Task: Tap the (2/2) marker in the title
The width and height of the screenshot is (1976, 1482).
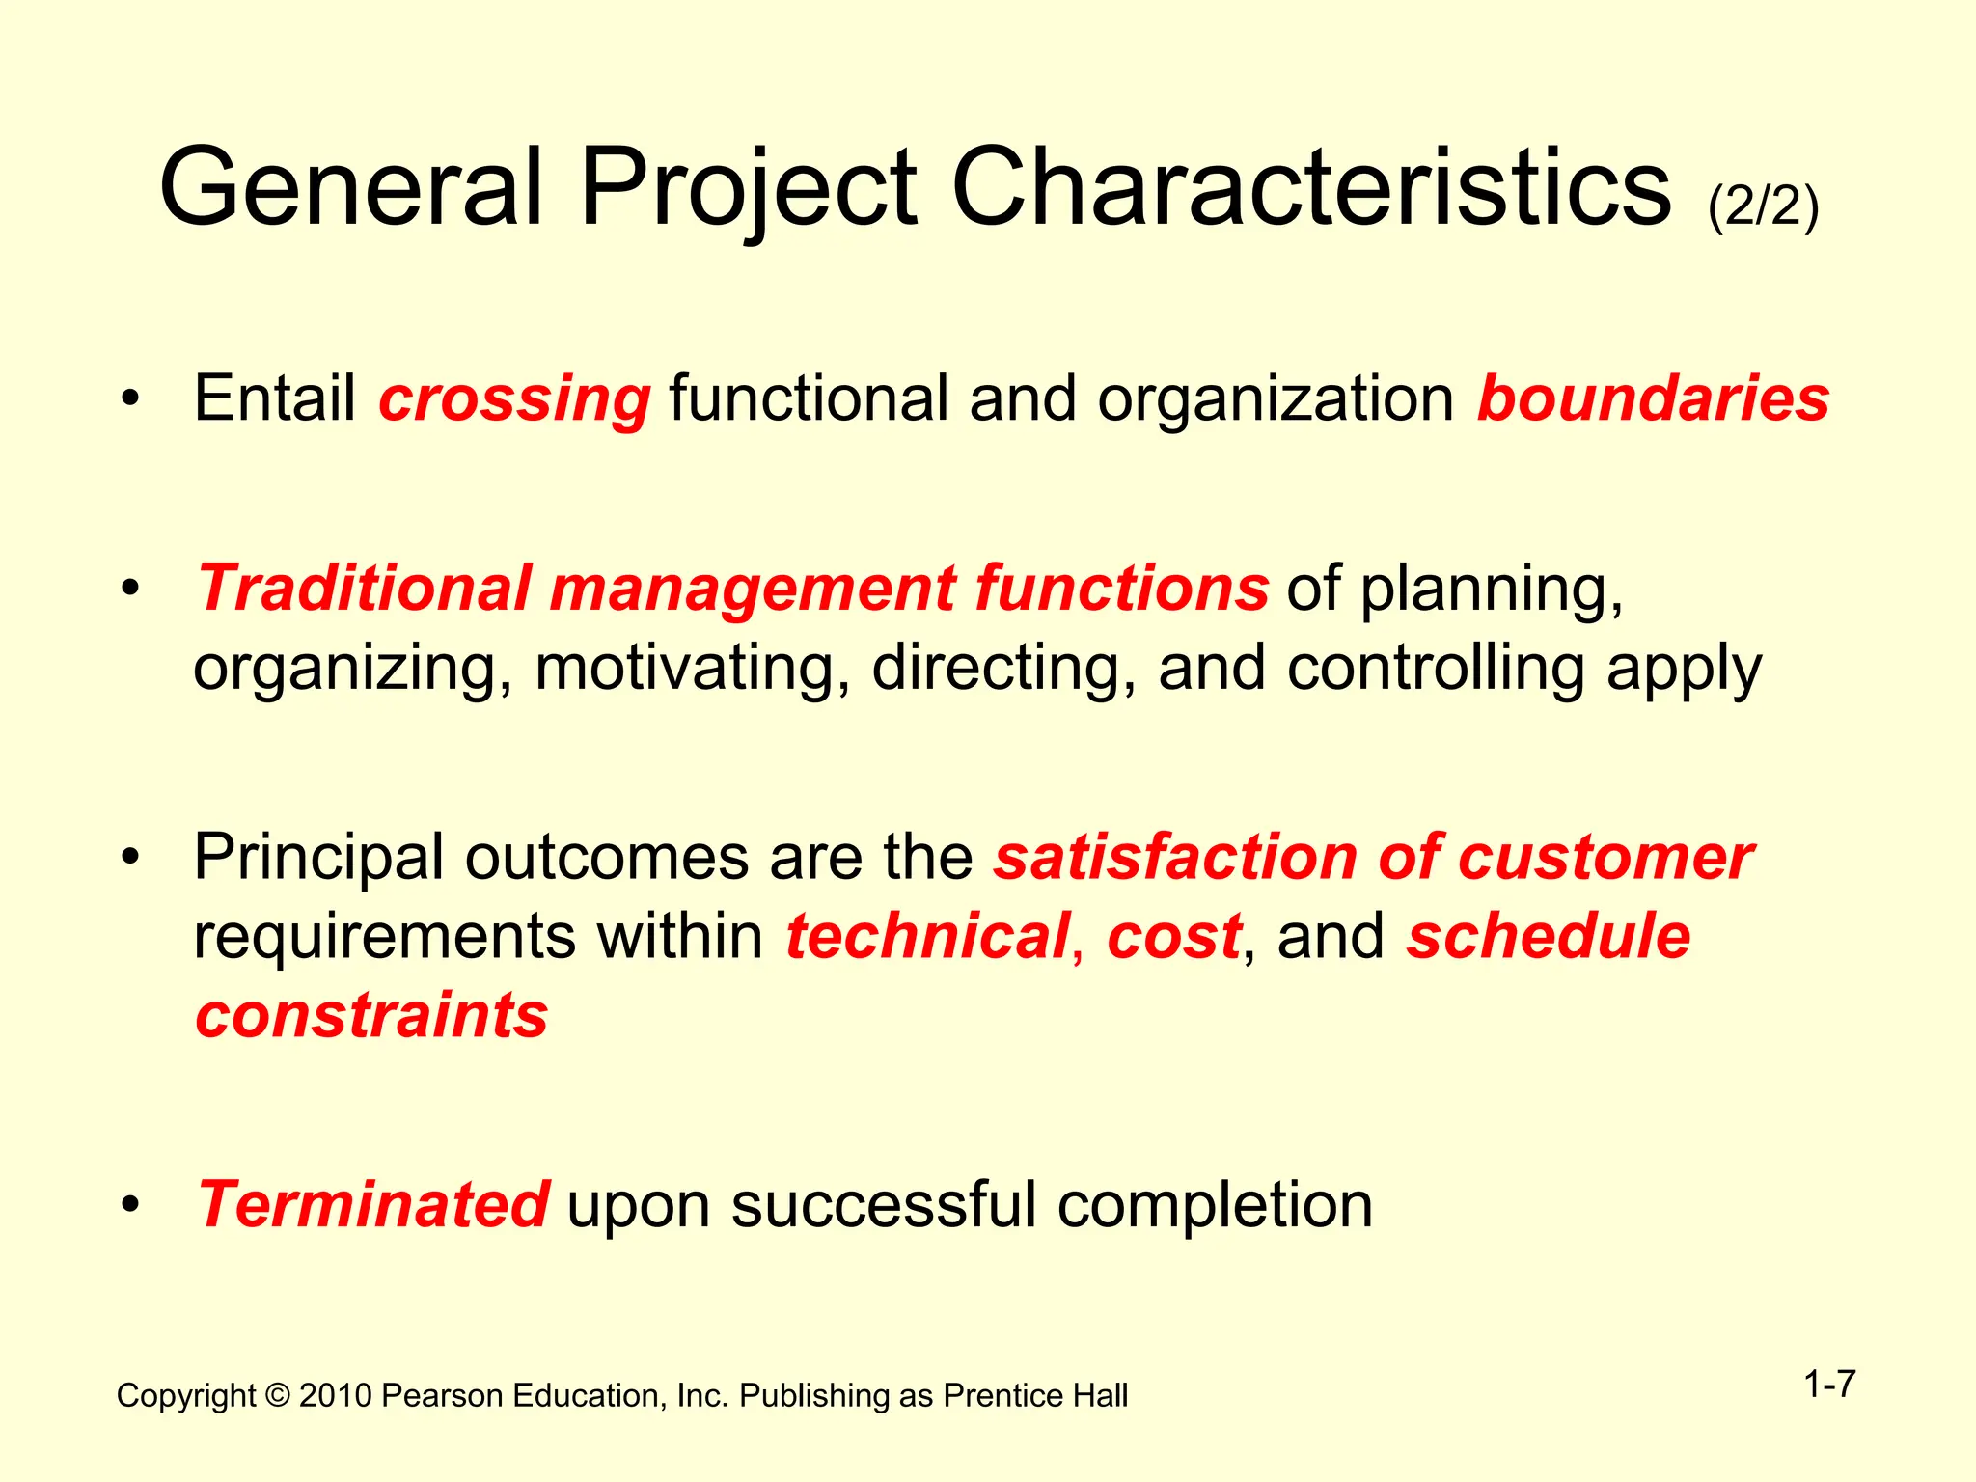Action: click(1763, 206)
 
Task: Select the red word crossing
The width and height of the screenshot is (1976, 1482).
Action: click(514, 398)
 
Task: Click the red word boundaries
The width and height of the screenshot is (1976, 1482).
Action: click(1653, 398)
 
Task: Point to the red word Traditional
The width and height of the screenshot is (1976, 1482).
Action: click(365, 588)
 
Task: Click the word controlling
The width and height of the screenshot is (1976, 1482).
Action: click(1436, 668)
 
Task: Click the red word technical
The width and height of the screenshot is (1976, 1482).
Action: click(927, 936)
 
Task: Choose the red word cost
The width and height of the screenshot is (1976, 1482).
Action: click(1173, 936)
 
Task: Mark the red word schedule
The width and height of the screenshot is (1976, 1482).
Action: click(1548, 936)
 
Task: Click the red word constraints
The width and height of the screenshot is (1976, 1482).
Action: click(371, 1015)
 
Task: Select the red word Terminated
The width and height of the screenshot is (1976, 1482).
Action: click(373, 1204)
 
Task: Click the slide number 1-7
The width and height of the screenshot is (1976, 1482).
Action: click(1829, 1385)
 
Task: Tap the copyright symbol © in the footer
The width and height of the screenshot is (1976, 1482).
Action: click(277, 1396)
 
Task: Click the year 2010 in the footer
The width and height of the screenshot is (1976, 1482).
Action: click(335, 1396)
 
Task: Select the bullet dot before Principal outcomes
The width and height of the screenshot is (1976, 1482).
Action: click(131, 857)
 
